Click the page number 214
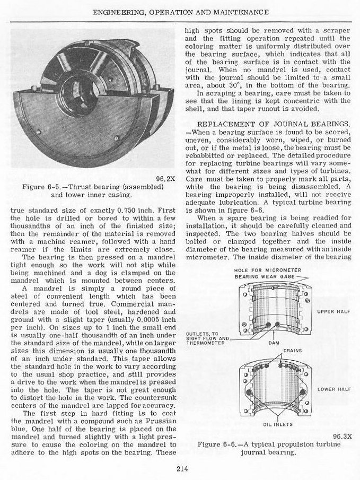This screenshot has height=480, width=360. pyautogui.click(x=180, y=467)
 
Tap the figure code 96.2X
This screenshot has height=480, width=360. pyautogui.click(x=165, y=178)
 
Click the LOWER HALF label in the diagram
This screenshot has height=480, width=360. pyautogui.click(x=330, y=389)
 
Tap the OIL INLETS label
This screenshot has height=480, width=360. pyautogui.click(x=275, y=424)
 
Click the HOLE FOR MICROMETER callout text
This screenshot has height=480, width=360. pyautogui.click(x=267, y=270)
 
